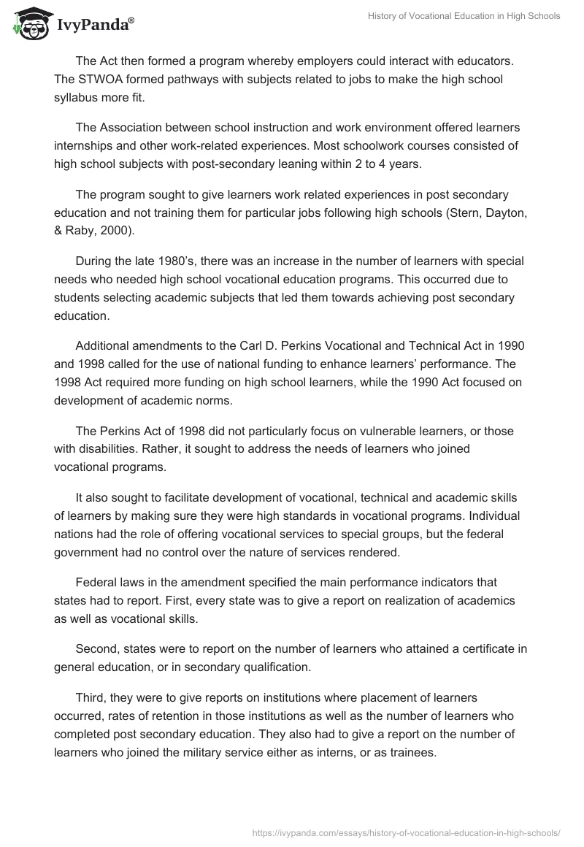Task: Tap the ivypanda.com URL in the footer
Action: [406, 832]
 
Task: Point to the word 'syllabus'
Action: [77, 97]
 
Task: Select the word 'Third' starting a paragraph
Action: [90, 699]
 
